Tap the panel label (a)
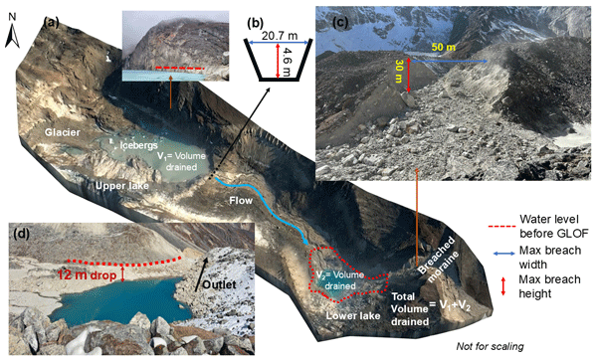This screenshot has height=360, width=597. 51,23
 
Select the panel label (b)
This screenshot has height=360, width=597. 255,23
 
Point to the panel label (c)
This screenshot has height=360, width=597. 340,23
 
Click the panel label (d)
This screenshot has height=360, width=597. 21,234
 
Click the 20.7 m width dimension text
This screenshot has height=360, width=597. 280,36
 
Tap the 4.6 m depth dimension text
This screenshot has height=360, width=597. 287,62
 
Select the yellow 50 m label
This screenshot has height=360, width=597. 443,48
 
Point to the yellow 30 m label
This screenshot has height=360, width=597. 399,72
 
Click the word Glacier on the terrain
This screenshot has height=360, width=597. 63,132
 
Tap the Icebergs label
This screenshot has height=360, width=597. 139,145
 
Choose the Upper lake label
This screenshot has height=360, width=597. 121,186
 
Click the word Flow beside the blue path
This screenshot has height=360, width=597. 241,200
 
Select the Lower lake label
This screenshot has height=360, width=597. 353,316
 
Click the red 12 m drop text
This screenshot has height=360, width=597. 87,274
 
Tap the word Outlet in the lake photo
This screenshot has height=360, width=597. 219,284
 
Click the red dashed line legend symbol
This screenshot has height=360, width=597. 500,227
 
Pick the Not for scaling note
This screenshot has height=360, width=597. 490,346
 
